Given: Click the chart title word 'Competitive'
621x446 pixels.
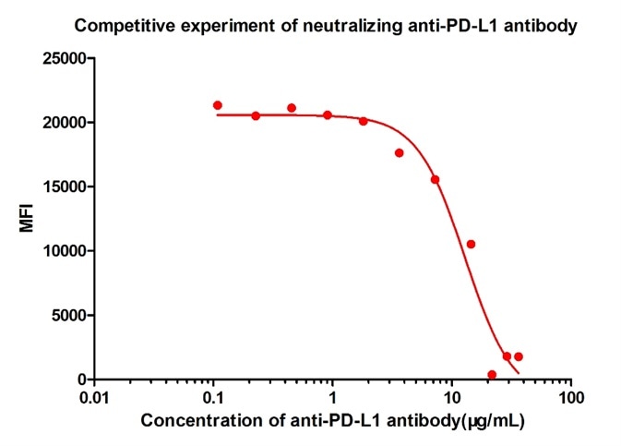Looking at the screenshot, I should (x=117, y=26).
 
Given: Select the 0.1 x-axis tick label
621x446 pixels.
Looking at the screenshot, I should (x=214, y=398).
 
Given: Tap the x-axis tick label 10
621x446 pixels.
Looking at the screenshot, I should (x=452, y=398).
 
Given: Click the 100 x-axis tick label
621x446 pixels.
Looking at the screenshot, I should (x=571, y=398).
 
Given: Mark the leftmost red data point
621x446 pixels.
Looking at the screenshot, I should (x=218, y=105).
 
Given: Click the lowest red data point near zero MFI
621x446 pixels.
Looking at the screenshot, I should (x=492, y=375).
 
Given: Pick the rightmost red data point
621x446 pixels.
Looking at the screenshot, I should (x=519, y=356).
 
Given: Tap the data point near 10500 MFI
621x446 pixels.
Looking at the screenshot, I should (x=471, y=244).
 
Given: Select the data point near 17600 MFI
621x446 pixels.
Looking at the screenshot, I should (x=400, y=153).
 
